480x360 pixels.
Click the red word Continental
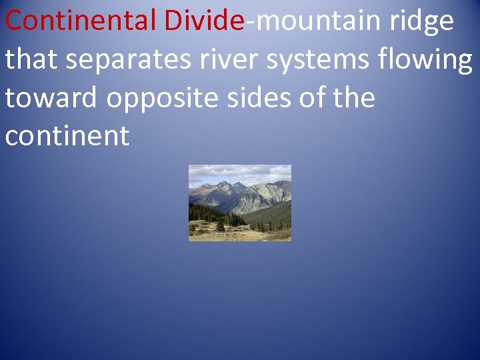(81, 21)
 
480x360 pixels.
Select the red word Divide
(204, 21)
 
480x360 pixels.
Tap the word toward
(51, 98)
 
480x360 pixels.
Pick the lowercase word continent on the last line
(67, 137)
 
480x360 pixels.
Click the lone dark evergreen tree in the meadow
(220, 225)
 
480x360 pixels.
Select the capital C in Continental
(15, 21)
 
